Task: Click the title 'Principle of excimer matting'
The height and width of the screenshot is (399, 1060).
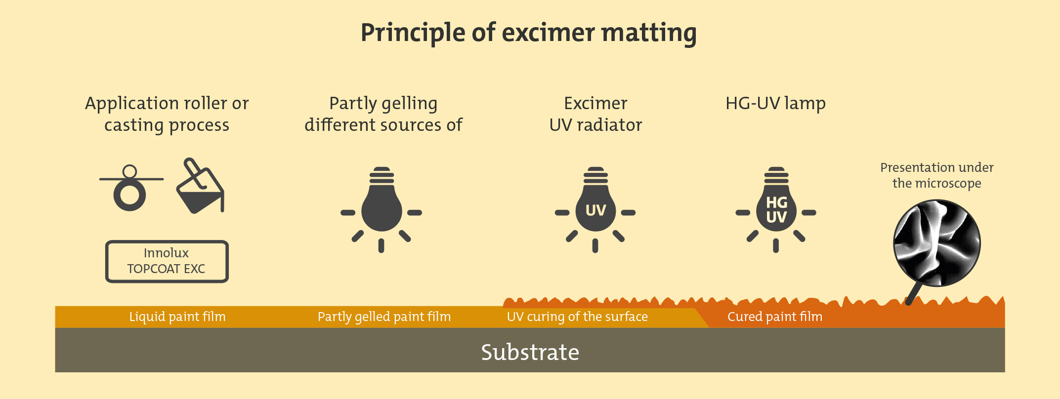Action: (x=528, y=33)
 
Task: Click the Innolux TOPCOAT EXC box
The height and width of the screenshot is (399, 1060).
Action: (x=167, y=261)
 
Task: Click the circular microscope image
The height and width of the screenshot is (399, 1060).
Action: (x=937, y=243)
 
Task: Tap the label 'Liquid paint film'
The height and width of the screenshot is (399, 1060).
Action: (x=177, y=317)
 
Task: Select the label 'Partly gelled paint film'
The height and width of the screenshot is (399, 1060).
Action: (x=384, y=317)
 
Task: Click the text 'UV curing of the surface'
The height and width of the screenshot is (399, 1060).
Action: (x=577, y=317)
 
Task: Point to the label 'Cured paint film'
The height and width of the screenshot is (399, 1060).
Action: (x=775, y=317)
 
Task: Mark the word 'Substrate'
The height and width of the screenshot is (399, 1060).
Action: (x=530, y=353)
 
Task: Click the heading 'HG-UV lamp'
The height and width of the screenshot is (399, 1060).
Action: (x=775, y=104)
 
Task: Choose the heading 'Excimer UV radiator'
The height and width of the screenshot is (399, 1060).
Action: (x=595, y=114)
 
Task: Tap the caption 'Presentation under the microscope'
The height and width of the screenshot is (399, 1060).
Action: (x=937, y=175)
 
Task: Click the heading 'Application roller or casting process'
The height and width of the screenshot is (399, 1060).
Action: (x=167, y=115)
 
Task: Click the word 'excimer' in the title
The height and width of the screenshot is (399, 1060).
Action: (x=549, y=33)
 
